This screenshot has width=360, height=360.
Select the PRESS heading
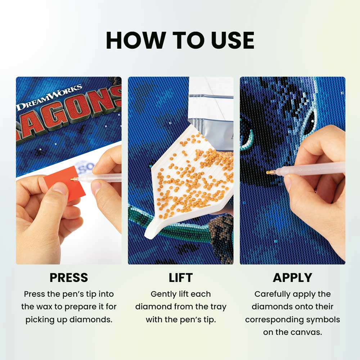click(x=69, y=278)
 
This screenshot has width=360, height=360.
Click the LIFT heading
click(x=181, y=278)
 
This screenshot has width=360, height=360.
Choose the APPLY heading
click(x=292, y=278)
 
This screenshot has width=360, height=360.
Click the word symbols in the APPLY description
click(x=323, y=319)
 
